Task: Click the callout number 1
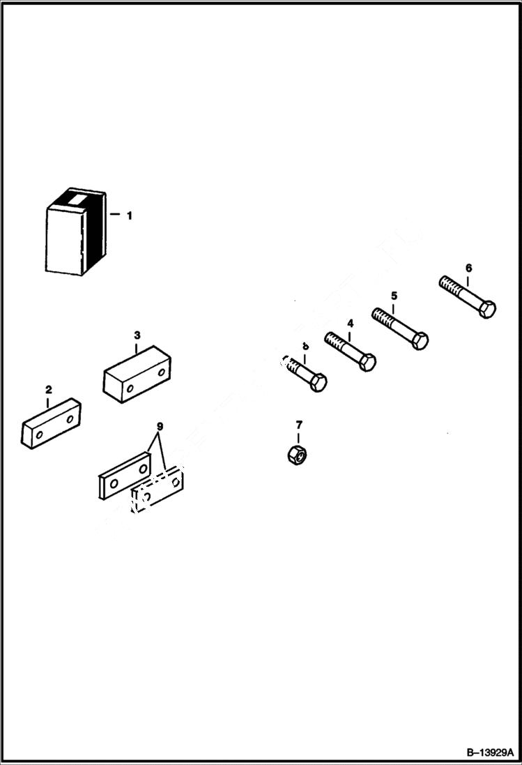pyautogui.click(x=129, y=215)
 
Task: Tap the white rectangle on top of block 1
pyautogui.click(x=74, y=199)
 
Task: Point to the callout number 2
pyautogui.click(x=48, y=388)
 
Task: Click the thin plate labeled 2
pyautogui.click(x=51, y=423)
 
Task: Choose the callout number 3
pyautogui.click(x=137, y=335)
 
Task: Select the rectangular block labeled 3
pyautogui.click(x=137, y=375)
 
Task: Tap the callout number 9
pyautogui.click(x=160, y=425)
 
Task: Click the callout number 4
pyautogui.click(x=350, y=324)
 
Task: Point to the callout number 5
pyautogui.click(x=394, y=296)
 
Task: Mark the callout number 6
pyautogui.click(x=468, y=267)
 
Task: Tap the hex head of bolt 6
pyautogui.click(x=487, y=308)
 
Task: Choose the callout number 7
pyautogui.click(x=299, y=424)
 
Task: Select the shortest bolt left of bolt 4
pyautogui.click(x=305, y=373)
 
